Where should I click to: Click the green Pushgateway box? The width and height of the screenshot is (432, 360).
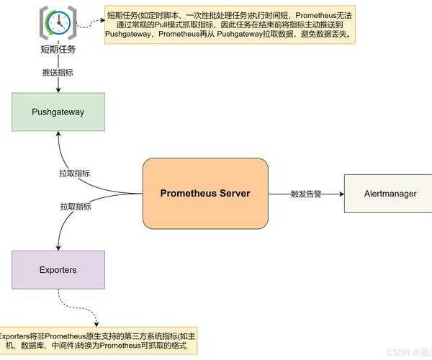(58, 112)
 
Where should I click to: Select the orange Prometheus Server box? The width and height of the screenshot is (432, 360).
(205, 194)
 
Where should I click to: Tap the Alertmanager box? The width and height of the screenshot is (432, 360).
(388, 194)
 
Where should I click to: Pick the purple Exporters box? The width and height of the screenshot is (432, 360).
(58, 270)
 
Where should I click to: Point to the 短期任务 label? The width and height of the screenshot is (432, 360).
(58, 50)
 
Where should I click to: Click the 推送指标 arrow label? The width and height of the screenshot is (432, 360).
(58, 73)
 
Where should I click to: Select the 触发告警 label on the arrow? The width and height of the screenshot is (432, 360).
(306, 194)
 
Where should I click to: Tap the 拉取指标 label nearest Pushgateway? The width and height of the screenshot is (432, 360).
(75, 174)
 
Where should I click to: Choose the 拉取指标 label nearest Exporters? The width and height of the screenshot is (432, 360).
(75, 206)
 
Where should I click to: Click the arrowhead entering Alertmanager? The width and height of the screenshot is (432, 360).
(340, 194)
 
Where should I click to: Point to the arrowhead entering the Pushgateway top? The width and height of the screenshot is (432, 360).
(58, 89)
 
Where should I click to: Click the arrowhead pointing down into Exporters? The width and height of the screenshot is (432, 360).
(58, 246)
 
